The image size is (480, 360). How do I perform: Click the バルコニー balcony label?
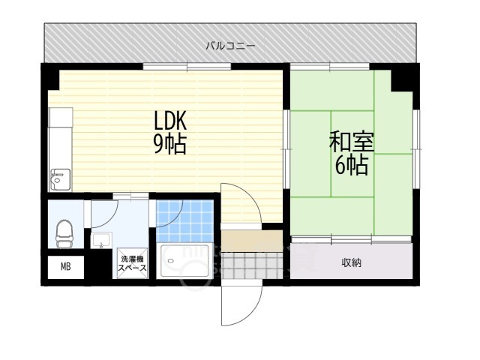click(230, 46)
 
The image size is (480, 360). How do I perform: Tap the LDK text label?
click(170, 121)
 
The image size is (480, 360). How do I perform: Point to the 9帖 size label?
click(170, 144)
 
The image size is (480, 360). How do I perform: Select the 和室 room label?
click(352, 142)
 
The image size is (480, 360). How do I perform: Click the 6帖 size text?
click(352, 165)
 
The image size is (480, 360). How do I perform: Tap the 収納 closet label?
click(352, 262)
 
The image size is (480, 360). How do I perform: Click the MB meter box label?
click(66, 267)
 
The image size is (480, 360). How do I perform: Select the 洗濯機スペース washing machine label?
click(133, 263)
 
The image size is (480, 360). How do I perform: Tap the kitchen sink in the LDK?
click(60, 180)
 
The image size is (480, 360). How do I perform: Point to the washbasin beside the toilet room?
click(102, 240)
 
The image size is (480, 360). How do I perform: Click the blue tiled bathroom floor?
click(185, 221)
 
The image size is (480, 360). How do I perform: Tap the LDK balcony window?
click(187, 66)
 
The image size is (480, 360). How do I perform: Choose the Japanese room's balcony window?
click(330, 66)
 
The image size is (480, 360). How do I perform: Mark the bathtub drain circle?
click(170, 261)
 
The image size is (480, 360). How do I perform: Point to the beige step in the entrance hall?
click(252, 241)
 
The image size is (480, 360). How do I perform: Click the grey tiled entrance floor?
click(252, 265)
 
